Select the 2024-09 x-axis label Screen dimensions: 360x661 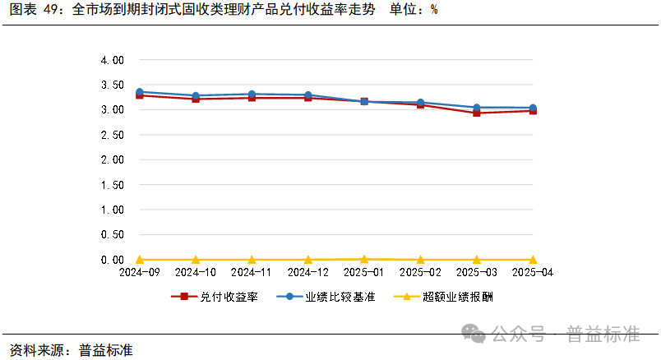(x=139, y=271)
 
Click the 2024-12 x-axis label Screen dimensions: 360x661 (x=307, y=271)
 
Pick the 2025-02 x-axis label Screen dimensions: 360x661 (x=420, y=271)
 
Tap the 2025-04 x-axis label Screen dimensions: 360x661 (x=532, y=271)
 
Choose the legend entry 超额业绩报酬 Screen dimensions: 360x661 (x=456, y=297)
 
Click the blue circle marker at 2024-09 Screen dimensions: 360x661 (x=139, y=92)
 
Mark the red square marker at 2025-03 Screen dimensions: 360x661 (x=476, y=113)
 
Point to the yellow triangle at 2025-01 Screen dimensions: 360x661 (x=364, y=258)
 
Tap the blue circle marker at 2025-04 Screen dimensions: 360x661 (x=532, y=108)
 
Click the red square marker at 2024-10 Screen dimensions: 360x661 (x=196, y=99)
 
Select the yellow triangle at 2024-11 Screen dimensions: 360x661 (x=252, y=259)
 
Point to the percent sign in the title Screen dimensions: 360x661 (x=433, y=11)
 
